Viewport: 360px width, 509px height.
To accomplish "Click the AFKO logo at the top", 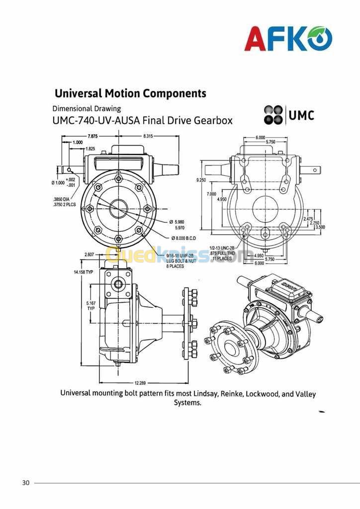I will [x=288, y=39].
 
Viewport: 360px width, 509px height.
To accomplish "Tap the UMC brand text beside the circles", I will [x=301, y=115].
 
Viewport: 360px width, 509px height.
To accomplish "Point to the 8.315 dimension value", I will [x=148, y=136].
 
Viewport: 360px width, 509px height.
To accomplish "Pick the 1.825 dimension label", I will [x=90, y=149].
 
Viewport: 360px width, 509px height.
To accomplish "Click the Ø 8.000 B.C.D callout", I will [x=184, y=238].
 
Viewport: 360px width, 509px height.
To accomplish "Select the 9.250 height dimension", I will [x=201, y=180].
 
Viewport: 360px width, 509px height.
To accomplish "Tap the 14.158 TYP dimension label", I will [x=83, y=272].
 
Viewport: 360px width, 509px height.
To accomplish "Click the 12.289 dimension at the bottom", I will [x=141, y=383].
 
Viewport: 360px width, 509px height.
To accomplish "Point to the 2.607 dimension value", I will [x=89, y=254].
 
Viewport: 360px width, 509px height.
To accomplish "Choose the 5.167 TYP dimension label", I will [x=91, y=305].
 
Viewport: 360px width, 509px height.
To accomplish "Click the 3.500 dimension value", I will [x=320, y=227].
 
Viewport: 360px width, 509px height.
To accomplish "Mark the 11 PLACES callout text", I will [x=222, y=258].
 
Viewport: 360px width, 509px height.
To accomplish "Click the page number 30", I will [x=26, y=483].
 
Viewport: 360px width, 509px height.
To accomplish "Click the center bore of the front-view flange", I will [x=118, y=208].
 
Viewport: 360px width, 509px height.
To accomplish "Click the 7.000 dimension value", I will [x=211, y=194].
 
